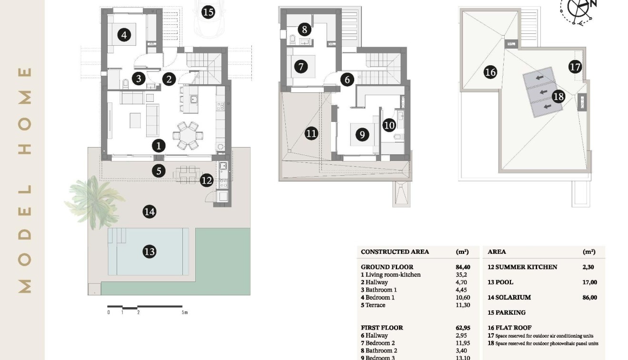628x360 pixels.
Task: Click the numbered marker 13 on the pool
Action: [150, 251]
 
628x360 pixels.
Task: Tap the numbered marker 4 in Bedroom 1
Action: [124, 35]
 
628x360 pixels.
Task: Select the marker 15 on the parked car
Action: [208, 11]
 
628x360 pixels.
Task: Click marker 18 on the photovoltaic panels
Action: [558, 97]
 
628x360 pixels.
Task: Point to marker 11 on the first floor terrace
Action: [311, 133]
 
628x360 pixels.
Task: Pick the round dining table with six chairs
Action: [187, 135]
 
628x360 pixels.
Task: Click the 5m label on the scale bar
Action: [184, 313]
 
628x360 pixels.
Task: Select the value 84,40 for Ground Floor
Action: [462, 267]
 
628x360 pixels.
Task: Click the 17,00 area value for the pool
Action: [589, 282]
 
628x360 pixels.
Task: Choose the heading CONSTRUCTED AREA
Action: [395, 252]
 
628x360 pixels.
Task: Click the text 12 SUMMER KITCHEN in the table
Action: [522, 267]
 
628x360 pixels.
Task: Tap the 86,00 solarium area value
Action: [589, 298]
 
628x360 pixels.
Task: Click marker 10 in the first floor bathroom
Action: [389, 125]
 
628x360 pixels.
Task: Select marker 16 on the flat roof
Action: [490, 72]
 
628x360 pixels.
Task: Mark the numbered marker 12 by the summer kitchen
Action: [206, 180]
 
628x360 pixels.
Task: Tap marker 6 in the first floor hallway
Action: [347, 80]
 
